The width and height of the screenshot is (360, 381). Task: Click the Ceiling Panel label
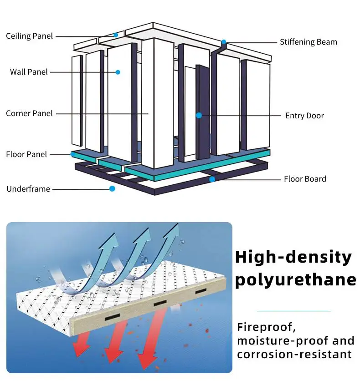29,36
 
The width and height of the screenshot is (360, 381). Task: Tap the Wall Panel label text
29,72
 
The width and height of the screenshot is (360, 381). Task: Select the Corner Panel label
29,113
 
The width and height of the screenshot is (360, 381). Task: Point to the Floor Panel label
26,154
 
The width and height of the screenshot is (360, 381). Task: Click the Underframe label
28,189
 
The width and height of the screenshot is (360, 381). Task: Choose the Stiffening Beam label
309,42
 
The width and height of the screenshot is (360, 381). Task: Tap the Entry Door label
304,116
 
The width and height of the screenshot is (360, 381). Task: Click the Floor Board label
305,179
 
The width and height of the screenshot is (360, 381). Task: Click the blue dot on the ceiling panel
116,35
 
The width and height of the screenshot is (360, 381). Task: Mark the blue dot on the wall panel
118,72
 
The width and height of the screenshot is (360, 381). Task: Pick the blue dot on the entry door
199,116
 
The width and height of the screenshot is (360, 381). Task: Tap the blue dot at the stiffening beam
224,42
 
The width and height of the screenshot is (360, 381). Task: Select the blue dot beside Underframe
112,188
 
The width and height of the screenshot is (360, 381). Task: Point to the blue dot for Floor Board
212,179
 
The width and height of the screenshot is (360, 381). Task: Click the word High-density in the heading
293,258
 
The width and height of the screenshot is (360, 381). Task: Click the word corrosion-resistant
294,355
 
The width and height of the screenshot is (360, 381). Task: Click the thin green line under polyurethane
294,311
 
